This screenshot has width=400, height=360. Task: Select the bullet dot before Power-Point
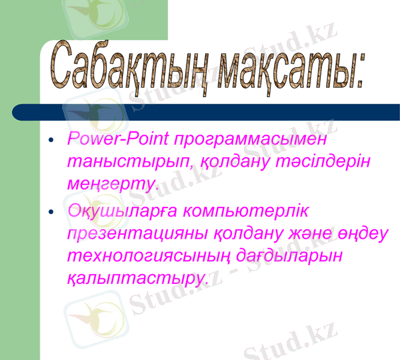52,142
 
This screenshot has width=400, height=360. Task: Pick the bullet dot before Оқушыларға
52,212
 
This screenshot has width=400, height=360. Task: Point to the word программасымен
251,140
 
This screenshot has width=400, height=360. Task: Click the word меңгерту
112,184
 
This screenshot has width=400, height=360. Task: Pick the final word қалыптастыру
137,278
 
